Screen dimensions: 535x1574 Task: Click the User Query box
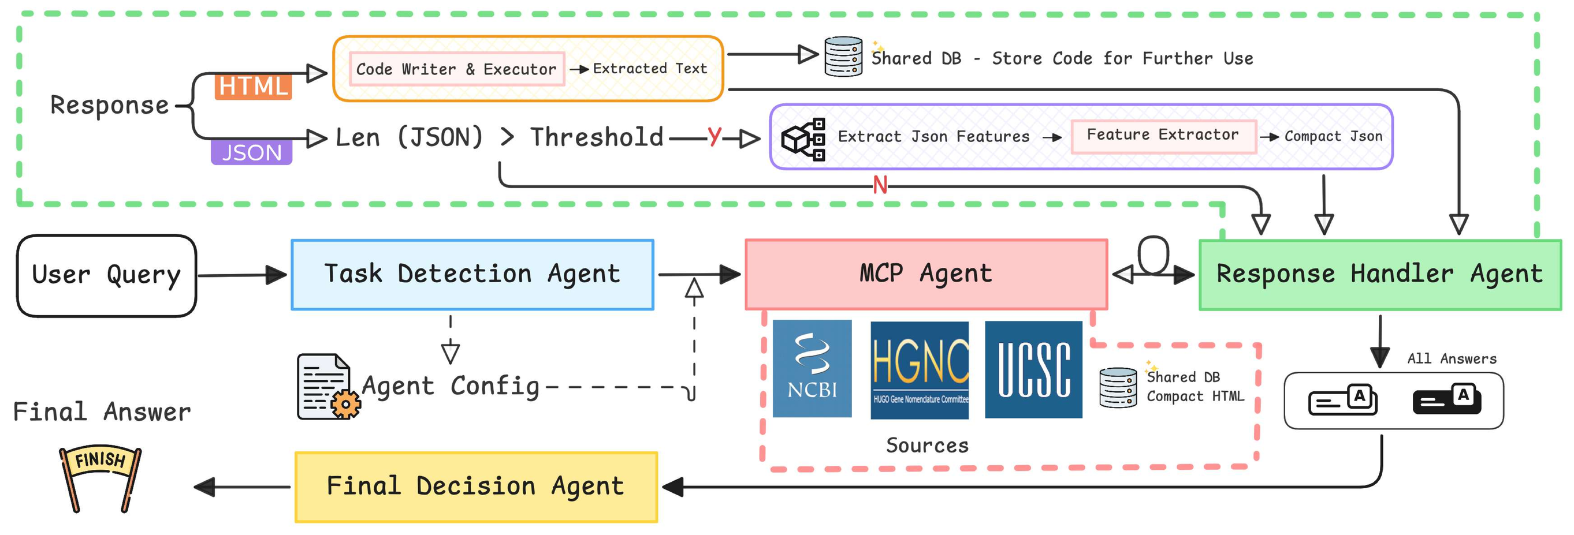tap(106, 275)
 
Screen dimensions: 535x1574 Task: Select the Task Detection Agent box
tap(472, 275)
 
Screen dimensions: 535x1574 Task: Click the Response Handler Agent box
tap(1379, 275)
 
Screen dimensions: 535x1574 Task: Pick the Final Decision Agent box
tap(476, 487)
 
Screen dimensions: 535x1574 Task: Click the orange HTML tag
tap(253, 87)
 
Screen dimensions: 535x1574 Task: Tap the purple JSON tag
tap(251, 152)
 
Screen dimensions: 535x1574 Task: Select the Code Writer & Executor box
tap(456, 69)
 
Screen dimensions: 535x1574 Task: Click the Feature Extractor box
tap(1162, 136)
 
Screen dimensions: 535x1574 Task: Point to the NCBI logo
tap(812, 368)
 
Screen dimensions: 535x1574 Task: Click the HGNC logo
tap(919, 370)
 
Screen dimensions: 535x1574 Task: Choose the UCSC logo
tap(1033, 369)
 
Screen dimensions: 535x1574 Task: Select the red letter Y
tap(714, 136)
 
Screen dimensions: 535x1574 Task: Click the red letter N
tap(879, 185)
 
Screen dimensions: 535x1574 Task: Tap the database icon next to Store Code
tap(843, 57)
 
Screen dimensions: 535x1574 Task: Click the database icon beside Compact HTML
tap(1118, 387)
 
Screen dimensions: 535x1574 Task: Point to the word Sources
tap(927, 445)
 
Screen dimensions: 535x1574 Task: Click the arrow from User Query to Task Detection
tap(242, 275)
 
